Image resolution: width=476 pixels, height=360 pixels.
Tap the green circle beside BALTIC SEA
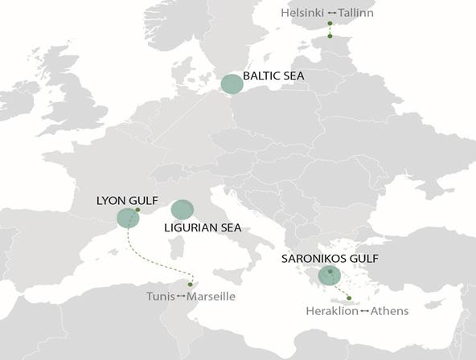(x=232, y=84)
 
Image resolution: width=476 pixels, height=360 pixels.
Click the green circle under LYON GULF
(x=127, y=218)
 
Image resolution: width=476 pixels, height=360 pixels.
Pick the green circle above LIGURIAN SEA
(x=183, y=210)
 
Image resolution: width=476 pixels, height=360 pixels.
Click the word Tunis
(x=160, y=297)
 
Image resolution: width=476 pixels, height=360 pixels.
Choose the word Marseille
(x=211, y=297)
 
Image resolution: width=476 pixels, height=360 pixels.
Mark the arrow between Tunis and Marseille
(x=181, y=297)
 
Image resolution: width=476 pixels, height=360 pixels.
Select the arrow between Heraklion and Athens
(x=364, y=311)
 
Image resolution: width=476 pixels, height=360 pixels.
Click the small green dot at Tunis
(x=191, y=283)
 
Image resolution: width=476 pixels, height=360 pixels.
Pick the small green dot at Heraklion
(x=349, y=298)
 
